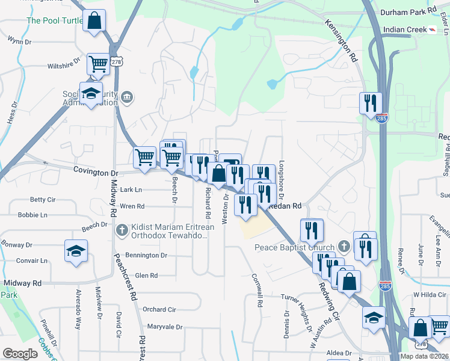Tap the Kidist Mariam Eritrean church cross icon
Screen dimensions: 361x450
[122, 229]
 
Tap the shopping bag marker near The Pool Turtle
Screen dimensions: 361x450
[94, 22]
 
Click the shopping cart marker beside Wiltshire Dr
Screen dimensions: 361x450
[98, 64]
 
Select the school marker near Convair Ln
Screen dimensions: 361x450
[76, 251]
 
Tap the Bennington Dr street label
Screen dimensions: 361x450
[146, 256]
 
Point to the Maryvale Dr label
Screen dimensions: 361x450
[164, 327]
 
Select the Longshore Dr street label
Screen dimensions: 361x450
[282, 181]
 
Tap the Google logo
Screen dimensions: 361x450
[20, 354]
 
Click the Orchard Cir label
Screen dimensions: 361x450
[159, 309]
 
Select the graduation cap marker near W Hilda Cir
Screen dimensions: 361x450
[374, 317]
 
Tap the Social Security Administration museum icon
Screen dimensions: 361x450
[127, 96]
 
